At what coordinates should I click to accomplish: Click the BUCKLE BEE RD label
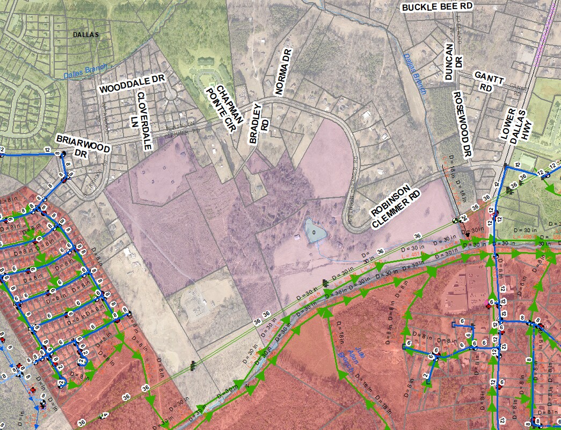(437, 6)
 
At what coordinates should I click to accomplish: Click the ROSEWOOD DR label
(462, 123)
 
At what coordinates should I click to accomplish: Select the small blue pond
(314, 231)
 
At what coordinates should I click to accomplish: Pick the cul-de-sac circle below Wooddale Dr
(171, 94)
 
